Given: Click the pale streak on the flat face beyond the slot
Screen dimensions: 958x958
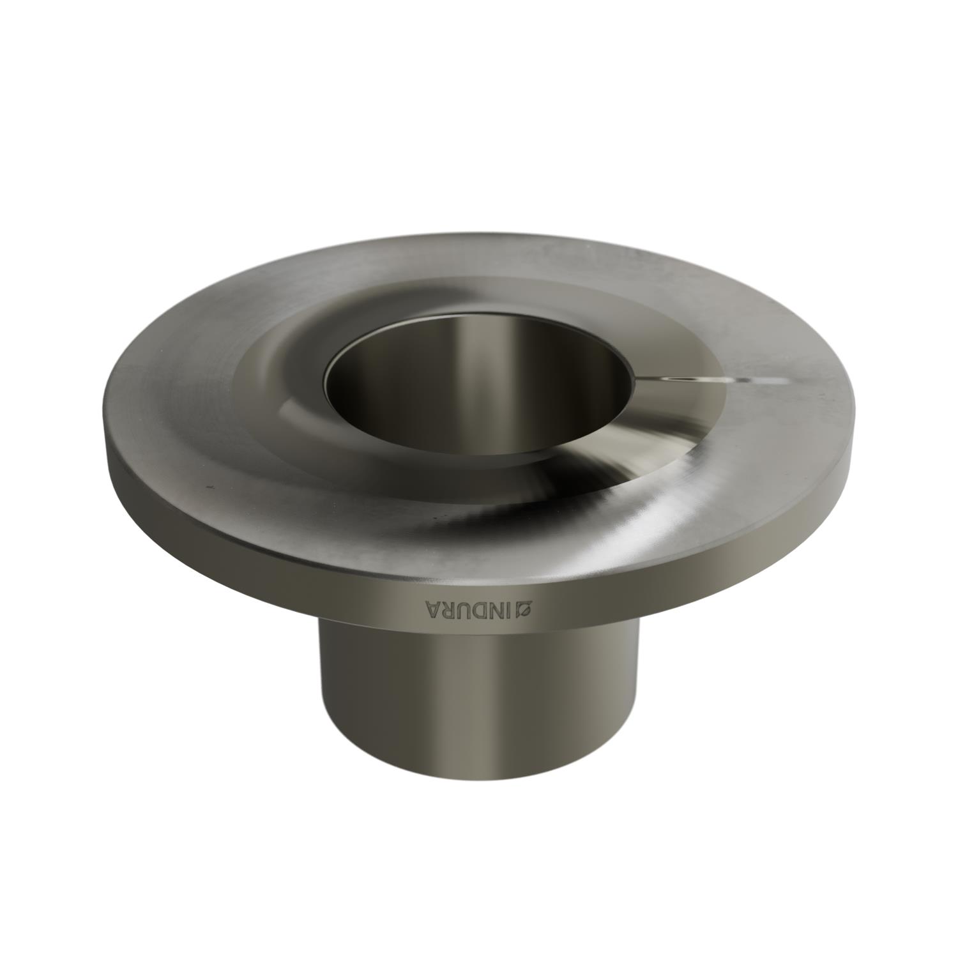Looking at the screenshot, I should (x=770, y=381).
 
